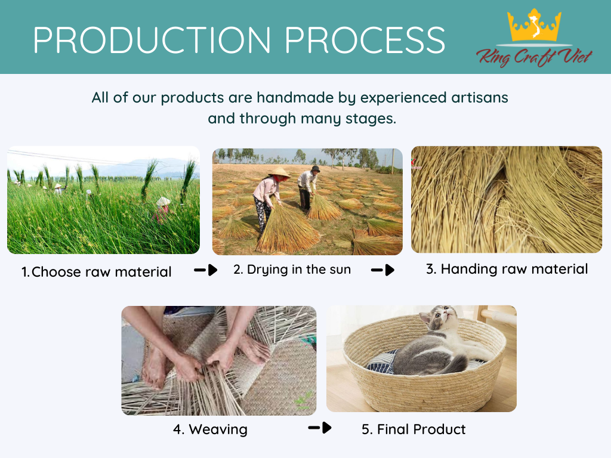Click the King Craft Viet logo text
coord(534,57)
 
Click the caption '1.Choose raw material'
coord(97,272)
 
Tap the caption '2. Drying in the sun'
coord(292,270)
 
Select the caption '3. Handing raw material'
coord(507,269)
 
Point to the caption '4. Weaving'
coord(210,429)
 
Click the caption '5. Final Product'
coord(413,429)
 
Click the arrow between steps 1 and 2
coord(206,271)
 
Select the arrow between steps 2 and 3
coord(382,270)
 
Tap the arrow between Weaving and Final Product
coord(319,428)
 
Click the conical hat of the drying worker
coord(279,174)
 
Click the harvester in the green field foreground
coord(163,209)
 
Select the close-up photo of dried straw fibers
coord(506,199)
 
